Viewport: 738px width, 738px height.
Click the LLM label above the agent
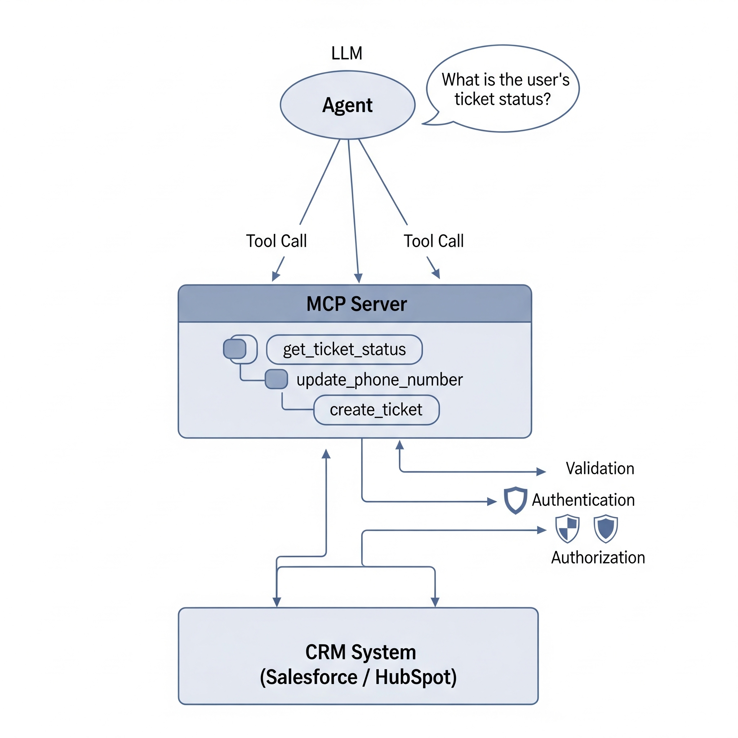coord(346,53)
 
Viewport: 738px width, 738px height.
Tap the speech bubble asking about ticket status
coord(505,89)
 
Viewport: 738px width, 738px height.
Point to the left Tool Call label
coord(276,241)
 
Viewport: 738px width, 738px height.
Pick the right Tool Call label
coord(434,241)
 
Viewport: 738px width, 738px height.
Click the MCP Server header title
coord(356,304)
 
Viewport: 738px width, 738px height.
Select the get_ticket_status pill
coord(344,350)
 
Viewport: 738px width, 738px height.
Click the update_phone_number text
coord(379,380)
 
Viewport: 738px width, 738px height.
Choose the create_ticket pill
coord(376,410)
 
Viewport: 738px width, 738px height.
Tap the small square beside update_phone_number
coord(276,379)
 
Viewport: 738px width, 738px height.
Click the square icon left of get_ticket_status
coord(235,349)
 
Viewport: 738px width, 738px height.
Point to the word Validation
coord(600,468)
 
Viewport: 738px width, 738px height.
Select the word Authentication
coord(583,500)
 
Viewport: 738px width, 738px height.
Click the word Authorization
coord(598,558)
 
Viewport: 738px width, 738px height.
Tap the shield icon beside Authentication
coord(515,500)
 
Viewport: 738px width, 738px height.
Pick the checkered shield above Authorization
coord(567,529)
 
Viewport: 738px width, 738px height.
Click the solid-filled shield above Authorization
coord(605,529)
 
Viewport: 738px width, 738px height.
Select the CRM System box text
coord(360,652)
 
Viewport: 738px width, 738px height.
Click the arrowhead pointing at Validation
coord(541,472)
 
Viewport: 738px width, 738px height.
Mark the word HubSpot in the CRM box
coord(415,677)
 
